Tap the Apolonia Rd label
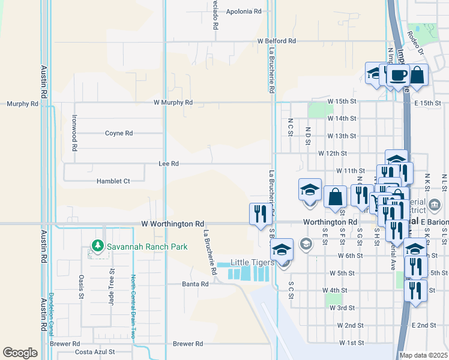pyautogui.click(x=244, y=11)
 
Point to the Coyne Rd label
pyautogui.click(x=119, y=133)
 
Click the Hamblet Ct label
pyautogui.click(x=113, y=181)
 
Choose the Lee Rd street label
pyautogui.click(x=169, y=163)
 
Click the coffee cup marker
pyautogui.click(x=397, y=76)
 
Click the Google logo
pyautogui.click(x=20, y=352)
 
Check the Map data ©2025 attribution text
pyautogui.click(x=423, y=355)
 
